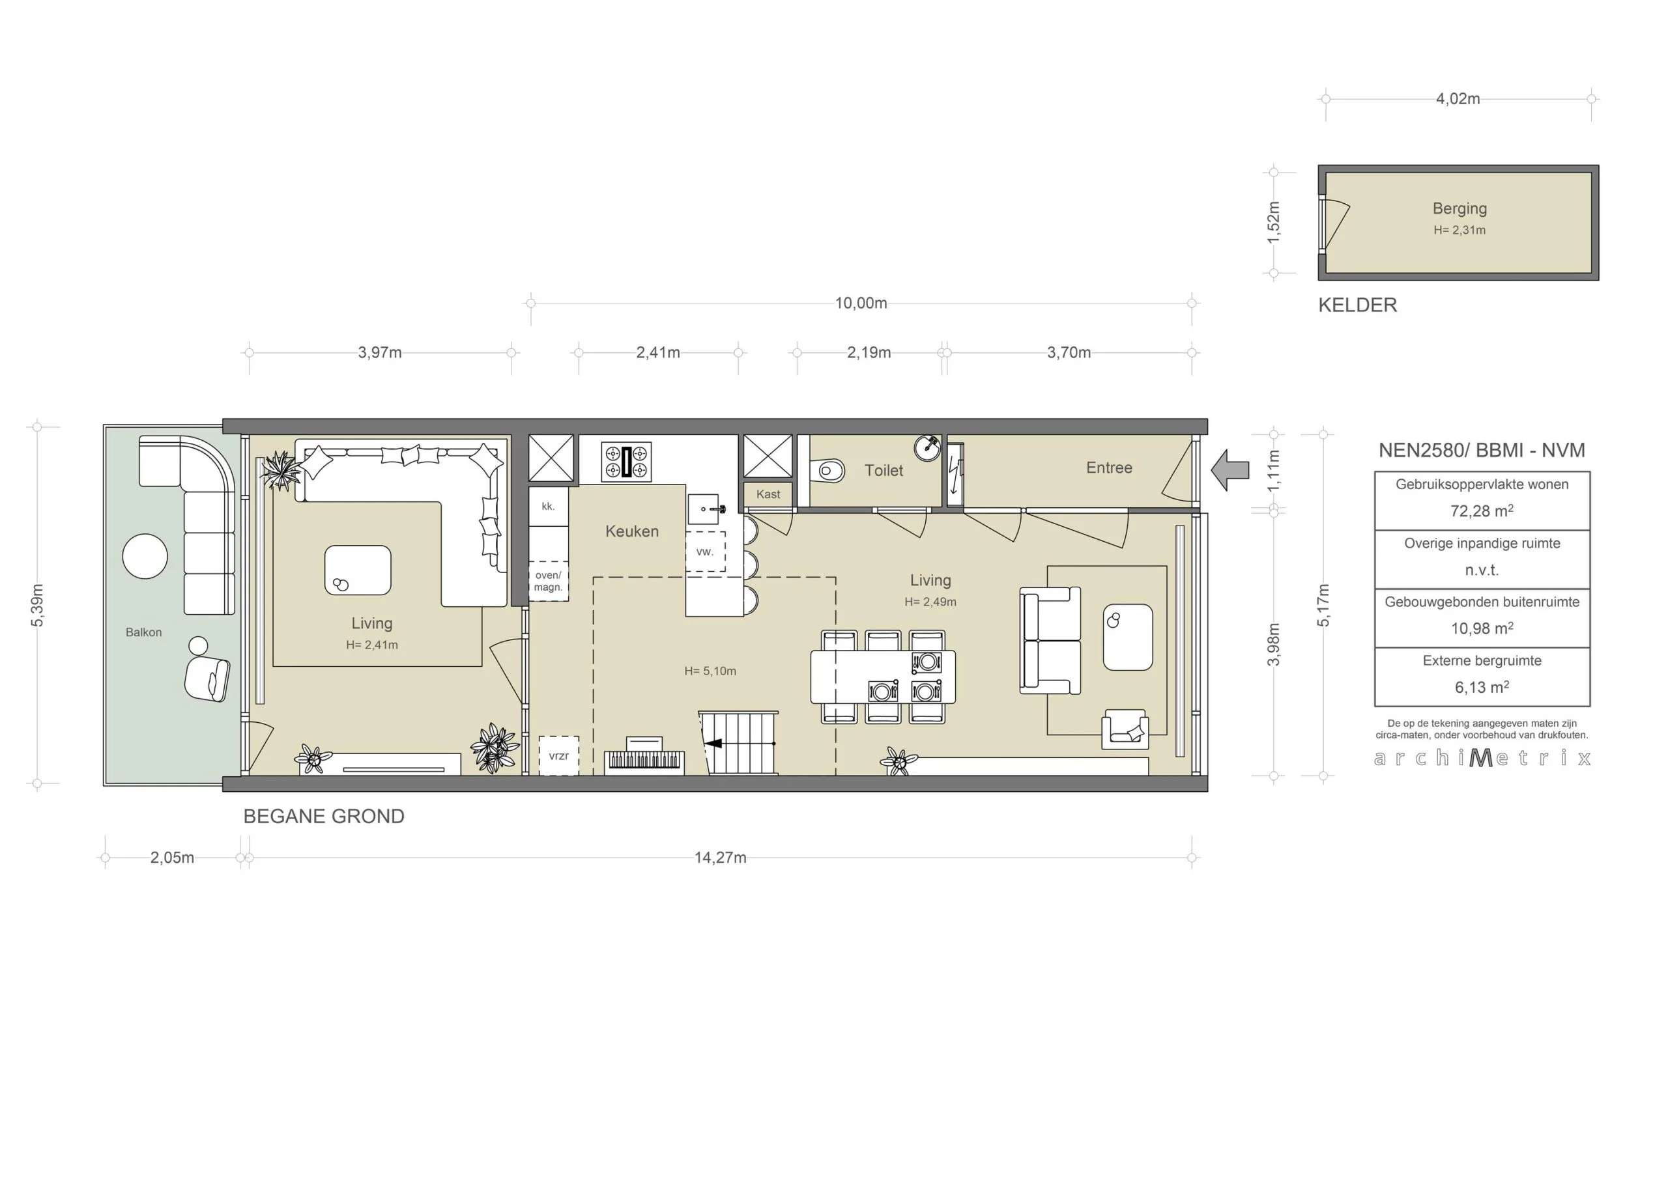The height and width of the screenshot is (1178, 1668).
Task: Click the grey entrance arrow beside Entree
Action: pos(1229,470)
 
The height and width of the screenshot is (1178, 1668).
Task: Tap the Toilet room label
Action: pos(884,471)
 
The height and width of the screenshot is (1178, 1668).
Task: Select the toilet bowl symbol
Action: pos(829,471)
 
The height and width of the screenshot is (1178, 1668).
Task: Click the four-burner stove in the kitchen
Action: pos(626,462)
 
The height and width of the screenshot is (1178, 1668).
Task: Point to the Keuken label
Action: pos(632,531)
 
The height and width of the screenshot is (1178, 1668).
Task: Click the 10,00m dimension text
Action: pos(861,303)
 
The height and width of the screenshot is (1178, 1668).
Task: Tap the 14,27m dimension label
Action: pos(720,858)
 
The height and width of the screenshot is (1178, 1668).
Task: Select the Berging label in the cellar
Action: pos(1459,208)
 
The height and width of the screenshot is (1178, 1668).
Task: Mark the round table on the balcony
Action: pos(145,556)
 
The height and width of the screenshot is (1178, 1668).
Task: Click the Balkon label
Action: pos(144,632)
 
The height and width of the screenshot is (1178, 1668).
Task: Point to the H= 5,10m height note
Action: pos(710,671)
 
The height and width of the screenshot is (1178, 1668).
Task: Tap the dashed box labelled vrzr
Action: pos(558,755)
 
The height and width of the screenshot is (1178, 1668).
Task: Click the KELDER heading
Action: pos(1358,305)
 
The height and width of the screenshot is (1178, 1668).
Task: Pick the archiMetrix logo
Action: pos(1482,758)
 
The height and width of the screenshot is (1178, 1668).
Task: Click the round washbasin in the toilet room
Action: pos(928,447)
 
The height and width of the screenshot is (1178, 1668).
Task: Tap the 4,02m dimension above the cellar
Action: pos(1458,99)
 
